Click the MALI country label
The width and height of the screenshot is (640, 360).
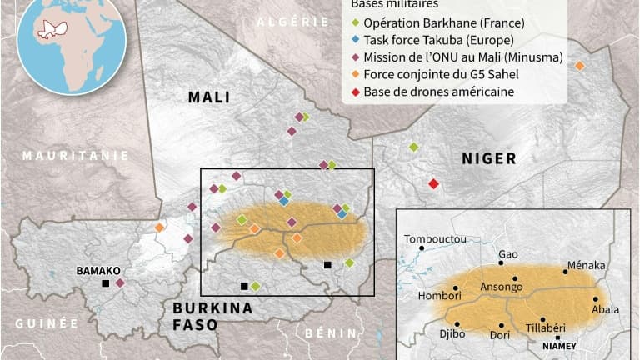208,97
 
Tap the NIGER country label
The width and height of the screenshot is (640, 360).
488,158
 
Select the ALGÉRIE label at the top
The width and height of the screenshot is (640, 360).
294,22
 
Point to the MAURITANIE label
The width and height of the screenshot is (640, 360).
76,155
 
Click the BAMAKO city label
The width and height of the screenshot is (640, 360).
98,271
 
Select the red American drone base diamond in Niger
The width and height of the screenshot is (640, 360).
433,183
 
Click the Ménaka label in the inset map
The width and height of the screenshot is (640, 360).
586,265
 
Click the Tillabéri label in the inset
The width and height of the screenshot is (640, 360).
548,327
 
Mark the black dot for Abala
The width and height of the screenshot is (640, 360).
596,298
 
